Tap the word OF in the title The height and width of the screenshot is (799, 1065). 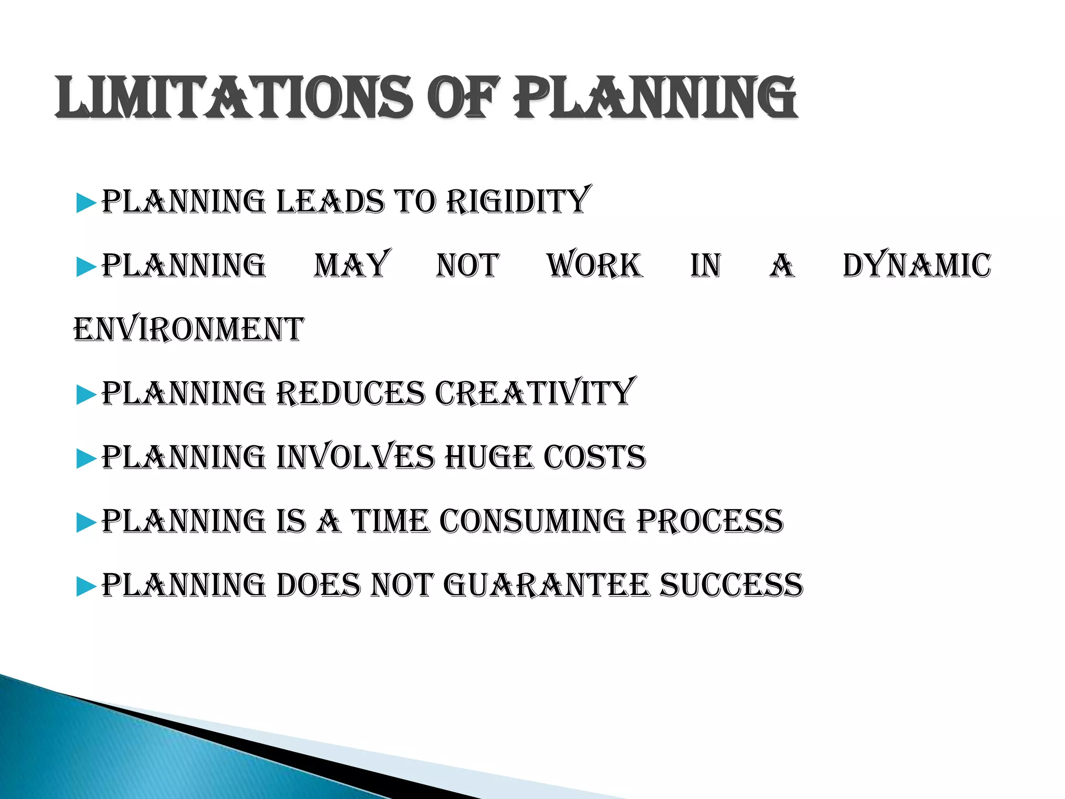click(x=466, y=97)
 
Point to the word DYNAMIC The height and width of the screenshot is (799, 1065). click(x=917, y=265)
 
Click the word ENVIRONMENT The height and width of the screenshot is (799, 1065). click(x=188, y=329)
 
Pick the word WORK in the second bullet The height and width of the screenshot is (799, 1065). click(x=594, y=265)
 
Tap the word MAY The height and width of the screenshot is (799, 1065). click(x=352, y=265)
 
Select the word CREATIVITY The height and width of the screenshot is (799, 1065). click(x=535, y=393)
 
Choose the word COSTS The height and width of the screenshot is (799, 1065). click(x=594, y=457)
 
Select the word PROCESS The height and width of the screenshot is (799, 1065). click(x=710, y=521)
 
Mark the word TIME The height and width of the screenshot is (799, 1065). click(x=391, y=521)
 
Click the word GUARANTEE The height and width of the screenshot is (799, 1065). click(x=547, y=585)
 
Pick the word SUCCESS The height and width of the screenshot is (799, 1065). click(x=731, y=585)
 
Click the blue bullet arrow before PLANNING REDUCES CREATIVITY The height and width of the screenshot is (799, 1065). click(x=86, y=395)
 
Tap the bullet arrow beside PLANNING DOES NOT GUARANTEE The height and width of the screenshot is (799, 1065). click(x=86, y=587)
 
